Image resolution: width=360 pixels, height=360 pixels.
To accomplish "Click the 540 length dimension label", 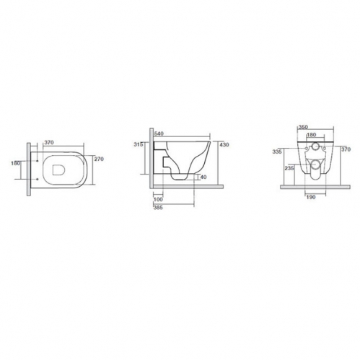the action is pyautogui.click(x=159, y=133).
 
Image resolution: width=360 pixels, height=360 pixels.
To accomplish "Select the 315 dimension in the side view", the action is pyautogui.click(x=139, y=144).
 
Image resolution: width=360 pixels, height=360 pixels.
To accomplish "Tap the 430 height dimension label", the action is pyautogui.click(x=224, y=145).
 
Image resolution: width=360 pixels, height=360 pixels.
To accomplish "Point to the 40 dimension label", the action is pyautogui.click(x=203, y=177).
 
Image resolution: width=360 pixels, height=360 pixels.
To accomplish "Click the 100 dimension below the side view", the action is pyautogui.click(x=158, y=199).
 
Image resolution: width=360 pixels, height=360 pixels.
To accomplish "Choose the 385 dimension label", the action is pyautogui.click(x=158, y=208).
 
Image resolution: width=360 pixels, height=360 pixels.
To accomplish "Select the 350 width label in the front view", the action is pyautogui.click(x=303, y=127).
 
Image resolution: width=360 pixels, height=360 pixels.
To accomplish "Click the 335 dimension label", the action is pyautogui.click(x=277, y=152).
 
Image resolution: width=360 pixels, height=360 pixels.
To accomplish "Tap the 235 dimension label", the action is pyautogui.click(x=289, y=168).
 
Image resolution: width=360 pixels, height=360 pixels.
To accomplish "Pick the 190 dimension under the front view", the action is pyautogui.click(x=311, y=197).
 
